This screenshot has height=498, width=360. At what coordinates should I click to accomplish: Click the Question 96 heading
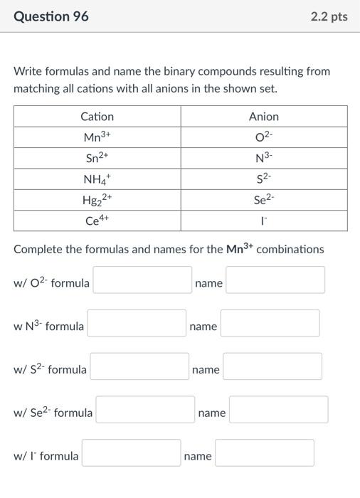point(51,16)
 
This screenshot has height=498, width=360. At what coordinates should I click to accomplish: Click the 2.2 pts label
point(329,16)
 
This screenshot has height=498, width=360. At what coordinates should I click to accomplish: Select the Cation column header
point(97,116)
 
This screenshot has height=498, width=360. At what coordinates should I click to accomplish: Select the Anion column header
point(263,116)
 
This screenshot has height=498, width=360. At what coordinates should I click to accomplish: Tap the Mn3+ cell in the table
point(97,137)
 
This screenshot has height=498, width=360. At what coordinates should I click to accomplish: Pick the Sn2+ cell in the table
point(97,158)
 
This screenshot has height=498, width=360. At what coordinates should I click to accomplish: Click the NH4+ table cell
point(97,179)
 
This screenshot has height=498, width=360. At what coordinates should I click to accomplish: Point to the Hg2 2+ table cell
point(97,200)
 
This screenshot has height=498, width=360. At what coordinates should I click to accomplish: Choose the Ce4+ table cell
point(97,221)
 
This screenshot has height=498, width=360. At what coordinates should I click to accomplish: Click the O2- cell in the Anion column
point(263,137)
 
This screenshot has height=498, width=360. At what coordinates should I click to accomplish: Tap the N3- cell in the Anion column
point(263,158)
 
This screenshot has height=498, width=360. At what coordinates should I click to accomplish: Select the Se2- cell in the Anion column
point(263,200)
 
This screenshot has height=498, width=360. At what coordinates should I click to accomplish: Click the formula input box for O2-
point(142,280)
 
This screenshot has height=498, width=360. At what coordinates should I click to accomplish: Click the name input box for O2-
point(275,280)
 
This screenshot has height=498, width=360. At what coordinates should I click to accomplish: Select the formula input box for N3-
point(137,324)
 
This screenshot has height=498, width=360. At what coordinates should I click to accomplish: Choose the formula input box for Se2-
point(145,410)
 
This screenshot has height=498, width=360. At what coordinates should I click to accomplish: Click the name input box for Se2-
point(278,410)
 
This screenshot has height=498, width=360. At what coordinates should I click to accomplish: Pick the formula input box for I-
point(131,453)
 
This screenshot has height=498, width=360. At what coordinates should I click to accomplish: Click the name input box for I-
point(264,453)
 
